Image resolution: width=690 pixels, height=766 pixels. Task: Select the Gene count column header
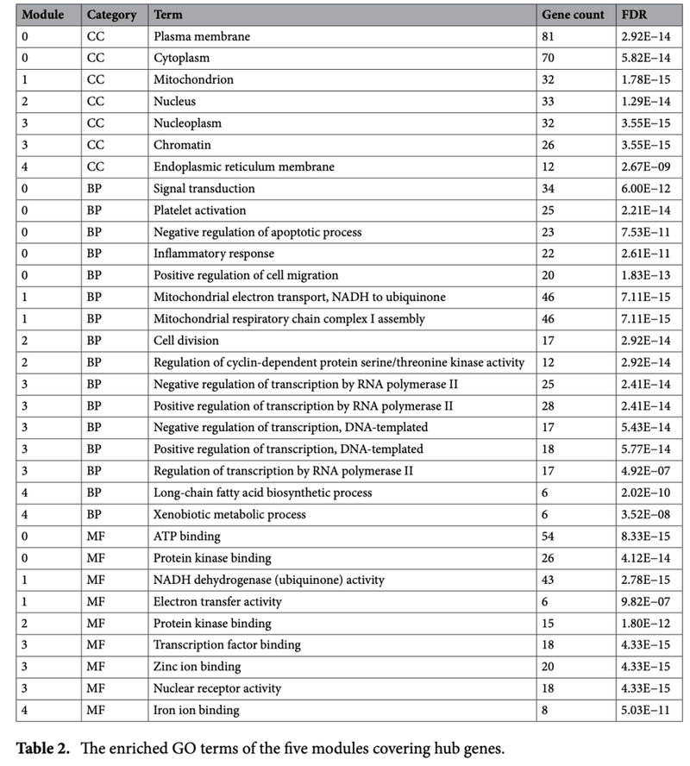pos(573,16)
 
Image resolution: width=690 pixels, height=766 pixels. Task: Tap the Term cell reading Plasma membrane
pos(197,37)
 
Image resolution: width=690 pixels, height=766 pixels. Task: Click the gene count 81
pos(549,37)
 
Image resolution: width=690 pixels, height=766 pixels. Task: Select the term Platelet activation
pos(199,210)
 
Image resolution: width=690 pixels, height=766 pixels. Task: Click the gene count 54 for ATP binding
pos(549,537)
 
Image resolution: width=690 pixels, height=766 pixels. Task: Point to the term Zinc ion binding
pos(197,667)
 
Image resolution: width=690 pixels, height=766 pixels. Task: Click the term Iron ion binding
pos(196,710)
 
